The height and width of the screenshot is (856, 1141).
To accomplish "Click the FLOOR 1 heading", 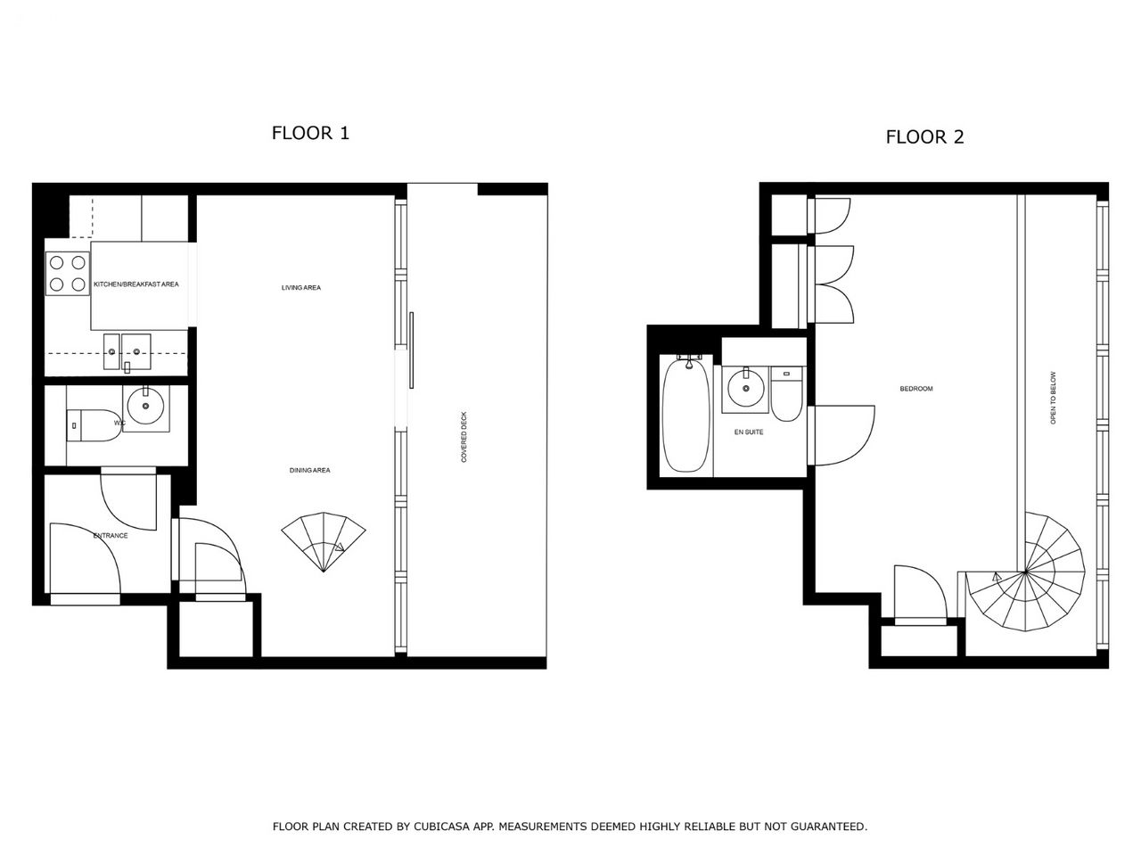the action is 310,133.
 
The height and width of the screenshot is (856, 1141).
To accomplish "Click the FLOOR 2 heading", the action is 924,137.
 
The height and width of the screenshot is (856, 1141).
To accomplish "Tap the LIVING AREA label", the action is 301,287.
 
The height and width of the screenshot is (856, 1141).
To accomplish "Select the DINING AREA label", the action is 310,471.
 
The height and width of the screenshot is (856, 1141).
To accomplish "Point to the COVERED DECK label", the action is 464,437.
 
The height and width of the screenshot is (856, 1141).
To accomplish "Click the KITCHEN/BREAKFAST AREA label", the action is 136,284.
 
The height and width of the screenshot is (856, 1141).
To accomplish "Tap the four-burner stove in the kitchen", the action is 68,274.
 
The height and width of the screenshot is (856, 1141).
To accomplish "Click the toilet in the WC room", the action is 94,425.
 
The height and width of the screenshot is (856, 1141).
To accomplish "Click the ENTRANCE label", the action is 111,535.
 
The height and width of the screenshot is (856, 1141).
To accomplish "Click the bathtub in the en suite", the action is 686,415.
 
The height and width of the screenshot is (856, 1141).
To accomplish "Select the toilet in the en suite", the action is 786,394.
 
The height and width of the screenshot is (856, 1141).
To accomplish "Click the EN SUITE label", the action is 749,432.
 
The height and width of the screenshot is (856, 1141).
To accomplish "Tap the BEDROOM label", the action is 916,389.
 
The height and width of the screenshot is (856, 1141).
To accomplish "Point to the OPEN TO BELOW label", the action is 1053,398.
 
